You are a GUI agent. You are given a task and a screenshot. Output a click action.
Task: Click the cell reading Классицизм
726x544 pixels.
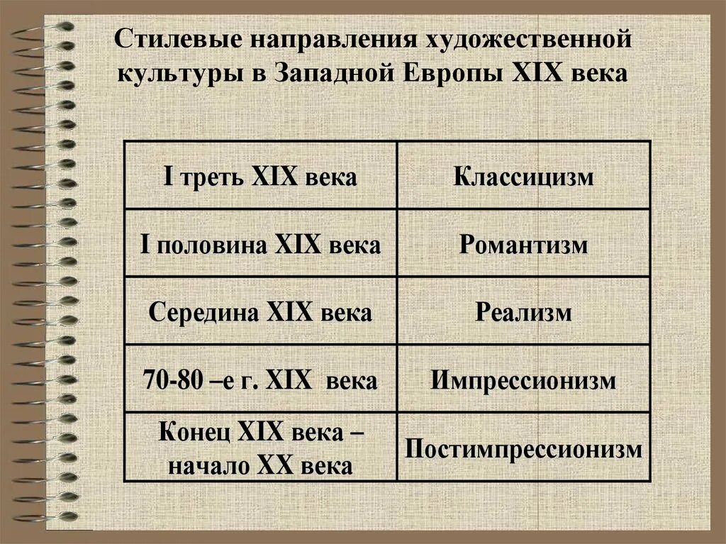click(523, 177)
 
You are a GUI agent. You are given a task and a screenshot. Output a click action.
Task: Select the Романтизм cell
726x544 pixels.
click(523, 245)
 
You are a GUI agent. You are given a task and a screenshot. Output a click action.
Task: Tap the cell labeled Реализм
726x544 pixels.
click(523, 313)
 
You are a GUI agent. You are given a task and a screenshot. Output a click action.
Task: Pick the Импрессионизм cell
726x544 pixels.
click(523, 381)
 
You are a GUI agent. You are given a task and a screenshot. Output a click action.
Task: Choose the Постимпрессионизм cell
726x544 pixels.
click(523, 449)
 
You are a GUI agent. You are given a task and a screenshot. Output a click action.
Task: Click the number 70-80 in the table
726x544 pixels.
click(171, 381)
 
